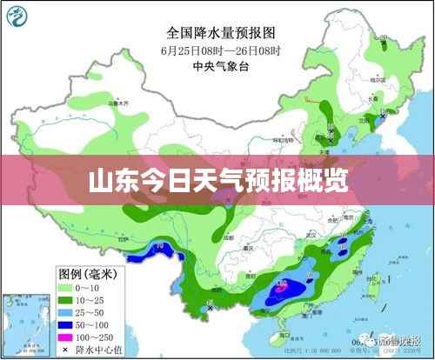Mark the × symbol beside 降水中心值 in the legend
pyautogui.click(x=64, y=349)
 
